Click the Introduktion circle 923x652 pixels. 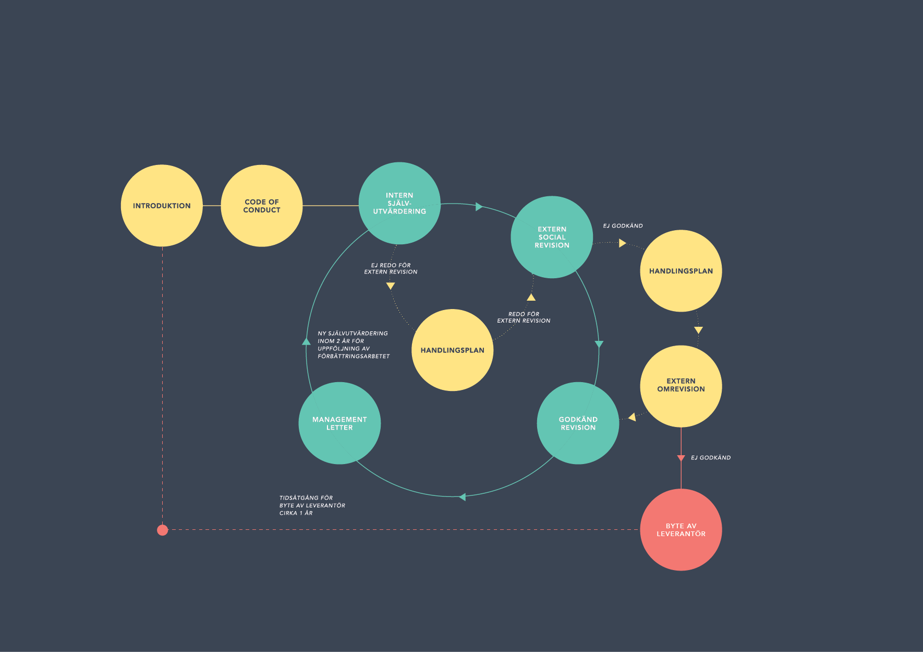pos(162,206)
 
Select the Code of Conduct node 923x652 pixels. pos(262,206)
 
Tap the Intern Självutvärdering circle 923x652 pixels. pos(399,203)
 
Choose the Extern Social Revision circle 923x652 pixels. pos(552,237)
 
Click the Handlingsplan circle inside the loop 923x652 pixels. pos(453,350)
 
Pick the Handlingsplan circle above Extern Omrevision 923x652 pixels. pos(681,271)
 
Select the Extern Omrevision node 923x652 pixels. pos(681,386)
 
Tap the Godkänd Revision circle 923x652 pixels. pos(578,423)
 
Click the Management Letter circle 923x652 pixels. pos(339,423)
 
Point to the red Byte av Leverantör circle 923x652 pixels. pos(681,530)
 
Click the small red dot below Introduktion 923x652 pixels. pos(163,530)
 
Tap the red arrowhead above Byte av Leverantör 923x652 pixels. pos(681,458)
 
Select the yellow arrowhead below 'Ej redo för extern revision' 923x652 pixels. pos(391,286)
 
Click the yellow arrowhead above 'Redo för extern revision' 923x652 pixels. pos(531,297)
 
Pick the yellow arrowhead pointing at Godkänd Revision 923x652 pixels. pos(632,417)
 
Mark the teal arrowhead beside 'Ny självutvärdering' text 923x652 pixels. pos(307,341)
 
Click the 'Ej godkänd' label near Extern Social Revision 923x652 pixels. pos(623,226)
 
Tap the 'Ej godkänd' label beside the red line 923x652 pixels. pos(711,458)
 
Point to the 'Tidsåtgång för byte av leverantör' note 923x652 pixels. pos(312,505)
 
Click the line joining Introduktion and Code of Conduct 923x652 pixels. pos(212,206)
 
